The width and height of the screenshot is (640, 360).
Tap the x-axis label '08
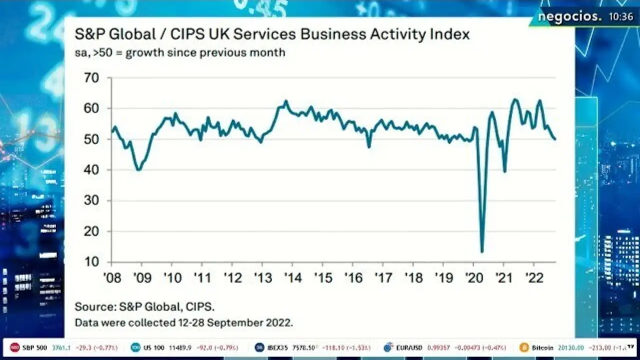[111, 278]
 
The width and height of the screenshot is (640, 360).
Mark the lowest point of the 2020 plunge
[482, 252]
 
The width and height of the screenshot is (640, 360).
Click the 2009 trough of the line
[138, 170]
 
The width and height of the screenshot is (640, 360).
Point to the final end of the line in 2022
[555, 139]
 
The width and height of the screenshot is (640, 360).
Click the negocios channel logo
[570, 17]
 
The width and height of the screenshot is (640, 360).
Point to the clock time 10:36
[621, 17]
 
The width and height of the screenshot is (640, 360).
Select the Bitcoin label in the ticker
[542, 347]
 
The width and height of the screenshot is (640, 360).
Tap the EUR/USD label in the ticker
[410, 347]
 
